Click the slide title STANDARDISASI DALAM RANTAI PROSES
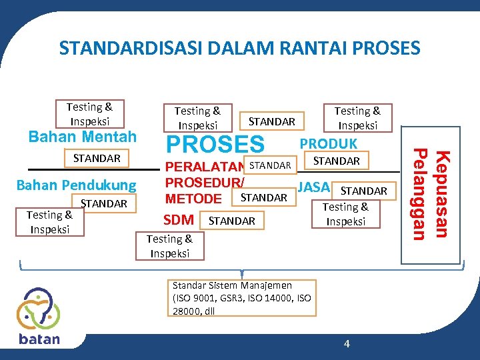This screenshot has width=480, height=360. click(x=239, y=49)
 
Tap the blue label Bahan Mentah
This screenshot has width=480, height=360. click(x=82, y=137)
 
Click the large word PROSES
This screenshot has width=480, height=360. click(x=215, y=144)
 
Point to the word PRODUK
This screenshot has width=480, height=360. click(x=329, y=144)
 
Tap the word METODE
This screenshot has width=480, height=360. click(x=193, y=199)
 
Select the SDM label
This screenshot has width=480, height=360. click(x=179, y=220)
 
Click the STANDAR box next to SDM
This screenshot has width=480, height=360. click(x=231, y=221)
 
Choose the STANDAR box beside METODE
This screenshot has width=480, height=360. click(x=263, y=197)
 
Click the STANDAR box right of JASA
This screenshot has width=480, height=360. click(x=363, y=191)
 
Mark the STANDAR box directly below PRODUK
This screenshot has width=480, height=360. click(x=336, y=161)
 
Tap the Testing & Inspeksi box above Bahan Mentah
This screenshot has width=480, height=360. click(x=89, y=114)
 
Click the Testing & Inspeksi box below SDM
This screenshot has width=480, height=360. click(x=169, y=245)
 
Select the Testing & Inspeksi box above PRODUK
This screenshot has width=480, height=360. click(x=357, y=118)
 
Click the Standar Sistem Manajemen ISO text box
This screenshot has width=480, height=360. click(x=241, y=298)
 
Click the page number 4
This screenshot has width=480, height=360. click(x=346, y=343)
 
